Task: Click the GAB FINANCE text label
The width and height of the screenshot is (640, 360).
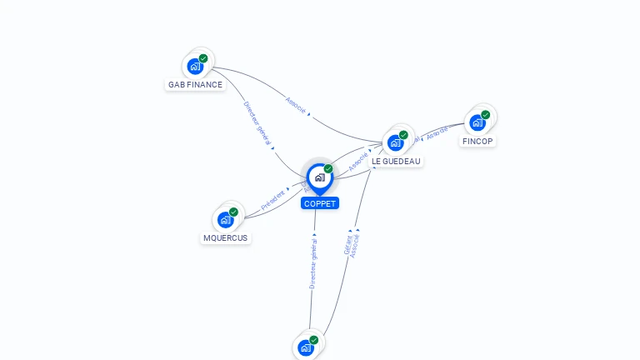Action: point(195,84)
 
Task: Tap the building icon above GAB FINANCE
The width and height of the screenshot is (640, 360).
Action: point(195,66)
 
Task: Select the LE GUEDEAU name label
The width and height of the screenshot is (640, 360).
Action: point(396,161)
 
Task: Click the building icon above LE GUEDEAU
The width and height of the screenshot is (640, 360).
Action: point(395,142)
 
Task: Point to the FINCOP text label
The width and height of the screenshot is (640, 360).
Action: point(477,141)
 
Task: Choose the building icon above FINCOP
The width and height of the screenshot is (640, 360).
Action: point(477,122)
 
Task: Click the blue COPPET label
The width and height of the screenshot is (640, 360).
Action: point(320,203)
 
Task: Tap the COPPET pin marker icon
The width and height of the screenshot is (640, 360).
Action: point(319,177)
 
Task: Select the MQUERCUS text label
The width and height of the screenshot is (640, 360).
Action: point(226,237)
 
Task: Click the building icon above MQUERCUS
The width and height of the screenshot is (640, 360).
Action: point(225,220)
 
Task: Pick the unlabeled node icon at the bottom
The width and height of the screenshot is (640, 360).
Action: point(306,347)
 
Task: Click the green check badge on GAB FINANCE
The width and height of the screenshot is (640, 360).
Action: point(203,58)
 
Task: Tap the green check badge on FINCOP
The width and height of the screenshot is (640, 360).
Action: point(486,115)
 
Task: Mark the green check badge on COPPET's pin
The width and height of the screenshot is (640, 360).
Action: point(328,168)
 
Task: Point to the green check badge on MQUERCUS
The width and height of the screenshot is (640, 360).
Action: point(233,212)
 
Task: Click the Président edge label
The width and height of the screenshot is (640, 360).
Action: point(273,198)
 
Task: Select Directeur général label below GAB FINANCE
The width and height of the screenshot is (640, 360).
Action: point(257,124)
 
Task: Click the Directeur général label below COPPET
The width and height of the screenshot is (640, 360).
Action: point(312,263)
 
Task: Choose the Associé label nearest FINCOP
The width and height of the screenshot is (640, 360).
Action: point(437,133)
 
